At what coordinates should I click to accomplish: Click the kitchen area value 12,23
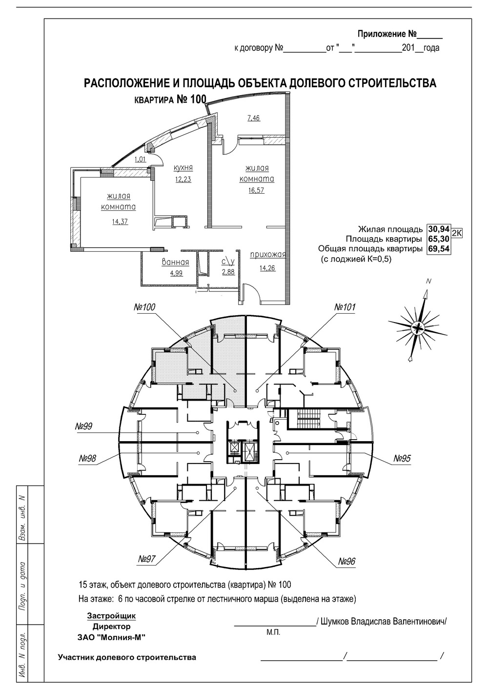[x=183, y=179]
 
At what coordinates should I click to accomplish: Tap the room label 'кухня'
[x=183, y=168]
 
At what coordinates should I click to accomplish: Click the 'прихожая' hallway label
[x=268, y=255]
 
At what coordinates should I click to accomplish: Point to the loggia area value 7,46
[x=254, y=118]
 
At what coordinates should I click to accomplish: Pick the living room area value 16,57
[x=256, y=190]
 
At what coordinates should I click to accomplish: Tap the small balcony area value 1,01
[x=140, y=160]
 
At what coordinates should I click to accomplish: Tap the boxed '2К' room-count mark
[x=456, y=233]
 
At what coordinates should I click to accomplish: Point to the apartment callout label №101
[x=345, y=307]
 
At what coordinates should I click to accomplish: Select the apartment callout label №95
[x=402, y=459]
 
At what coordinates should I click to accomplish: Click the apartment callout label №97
[x=146, y=559]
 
